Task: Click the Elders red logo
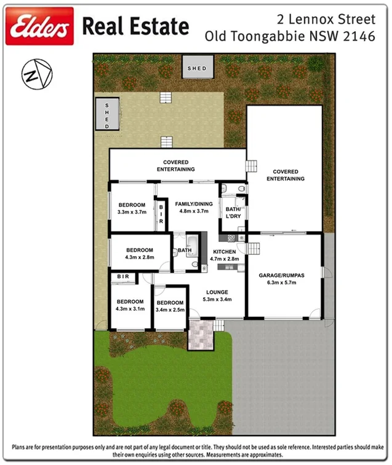[x=39, y=26]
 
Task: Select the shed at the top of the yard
[x=197, y=68]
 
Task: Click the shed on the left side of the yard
[x=107, y=115]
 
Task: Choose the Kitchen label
[x=224, y=252]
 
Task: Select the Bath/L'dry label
[x=233, y=213]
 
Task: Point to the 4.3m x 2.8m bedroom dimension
[x=140, y=257]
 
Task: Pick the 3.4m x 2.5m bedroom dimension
[x=170, y=310]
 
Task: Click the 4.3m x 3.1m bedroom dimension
[x=130, y=309]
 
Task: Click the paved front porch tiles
[x=200, y=335]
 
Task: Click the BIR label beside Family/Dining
[x=161, y=214]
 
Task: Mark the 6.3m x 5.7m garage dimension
[x=282, y=283]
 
